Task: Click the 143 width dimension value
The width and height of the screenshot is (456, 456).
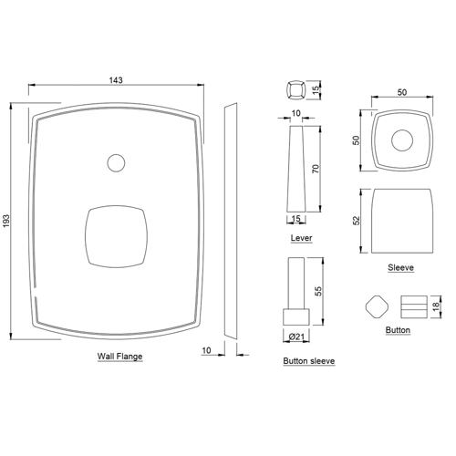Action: (116, 80)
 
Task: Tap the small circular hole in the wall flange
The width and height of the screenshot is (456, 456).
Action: (115, 163)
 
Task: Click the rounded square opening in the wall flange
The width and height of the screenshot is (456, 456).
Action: (116, 235)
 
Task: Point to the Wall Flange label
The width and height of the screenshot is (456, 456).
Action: (119, 357)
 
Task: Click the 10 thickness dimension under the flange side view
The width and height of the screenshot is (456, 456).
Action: (206, 349)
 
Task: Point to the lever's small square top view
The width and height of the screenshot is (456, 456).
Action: (295, 90)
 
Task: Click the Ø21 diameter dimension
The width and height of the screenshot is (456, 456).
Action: (296, 337)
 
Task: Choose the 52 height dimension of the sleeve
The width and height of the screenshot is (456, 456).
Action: (357, 220)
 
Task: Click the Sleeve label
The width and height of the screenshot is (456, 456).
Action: (400, 267)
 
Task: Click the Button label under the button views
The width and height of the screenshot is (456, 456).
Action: (398, 330)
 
